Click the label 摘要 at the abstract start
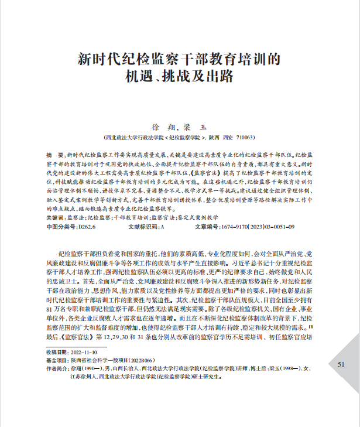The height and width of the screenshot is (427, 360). pyautogui.click(x=53, y=153)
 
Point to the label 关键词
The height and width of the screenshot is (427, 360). pyautogui.click(x=55, y=217)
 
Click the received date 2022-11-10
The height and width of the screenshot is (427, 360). pyautogui.click(x=82, y=352)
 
